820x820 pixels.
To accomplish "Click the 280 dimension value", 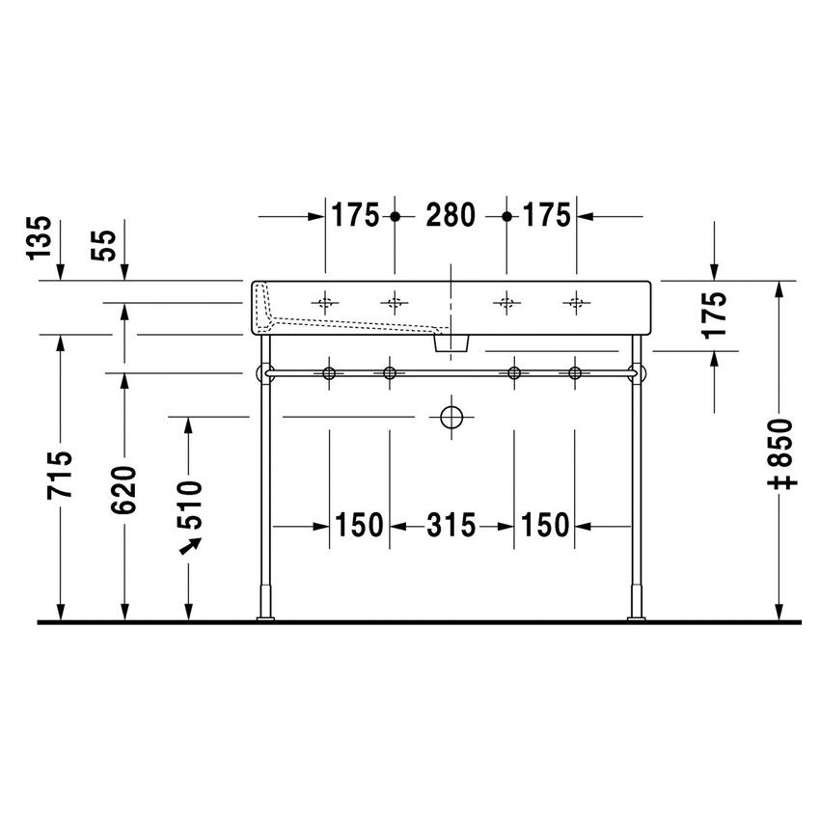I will pos(451,216).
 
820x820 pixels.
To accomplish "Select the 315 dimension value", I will pos(451,526).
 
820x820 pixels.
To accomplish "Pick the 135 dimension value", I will pos(38,237).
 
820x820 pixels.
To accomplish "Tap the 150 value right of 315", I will pos(545,526).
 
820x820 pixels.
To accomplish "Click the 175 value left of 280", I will pos(356,216).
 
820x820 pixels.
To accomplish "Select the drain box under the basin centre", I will pos(451,342).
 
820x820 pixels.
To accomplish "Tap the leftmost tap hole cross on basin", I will pos(325,303).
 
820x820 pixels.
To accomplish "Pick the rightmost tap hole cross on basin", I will pos(576,303).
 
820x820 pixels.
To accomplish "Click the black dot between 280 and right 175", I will pos(506,216).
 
